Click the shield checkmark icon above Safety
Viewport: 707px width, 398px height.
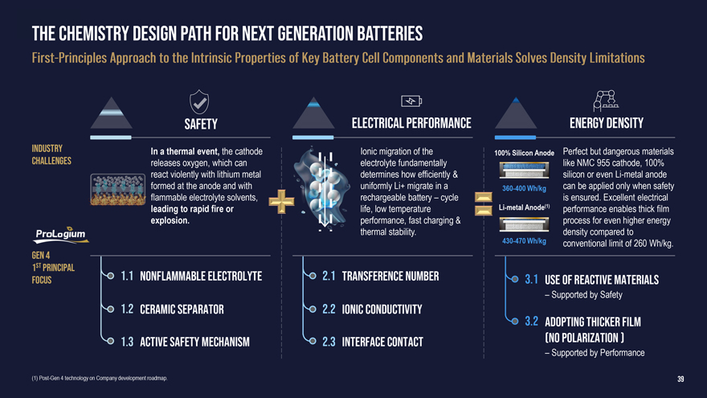tap(199, 101)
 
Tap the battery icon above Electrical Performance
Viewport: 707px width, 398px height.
tap(411, 101)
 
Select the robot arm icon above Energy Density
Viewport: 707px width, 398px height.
tap(606, 101)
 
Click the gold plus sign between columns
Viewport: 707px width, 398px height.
tap(281, 201)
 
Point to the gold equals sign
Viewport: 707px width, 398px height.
tap(484, 203)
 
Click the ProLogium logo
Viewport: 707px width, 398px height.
tap(61, 235)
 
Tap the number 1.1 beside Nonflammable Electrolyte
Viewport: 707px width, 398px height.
tap(127, 276)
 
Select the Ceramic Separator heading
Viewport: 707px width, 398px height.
tap(182, 309)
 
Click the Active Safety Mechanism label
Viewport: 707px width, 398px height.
tap(194, 342)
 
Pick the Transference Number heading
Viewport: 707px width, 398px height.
tap(390, 276)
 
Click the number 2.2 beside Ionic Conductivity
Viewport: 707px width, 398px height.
tap(329, 309)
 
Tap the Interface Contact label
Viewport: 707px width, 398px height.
tap(382, 342)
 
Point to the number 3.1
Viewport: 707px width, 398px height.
tap(531, 280)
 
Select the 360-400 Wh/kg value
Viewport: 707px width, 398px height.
tap(524, 188)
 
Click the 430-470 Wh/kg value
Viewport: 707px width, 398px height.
tap(524, 241)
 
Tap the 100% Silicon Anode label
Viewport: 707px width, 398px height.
tap(524, 153)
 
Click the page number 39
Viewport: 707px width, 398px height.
tap(680, 379)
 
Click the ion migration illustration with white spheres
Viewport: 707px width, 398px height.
tap(322, 189)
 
